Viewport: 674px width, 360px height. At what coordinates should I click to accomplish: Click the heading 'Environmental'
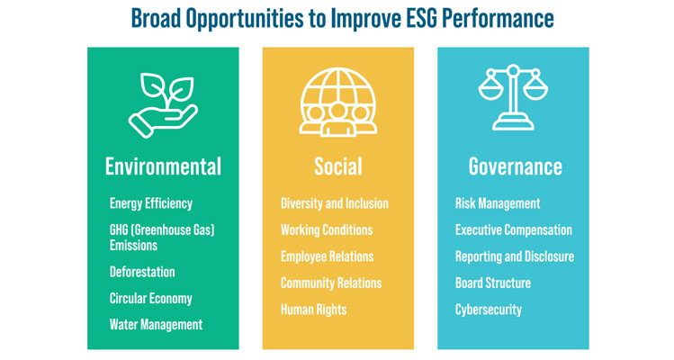click(163, 166)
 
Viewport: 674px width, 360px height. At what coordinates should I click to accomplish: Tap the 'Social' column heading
click(337, 166)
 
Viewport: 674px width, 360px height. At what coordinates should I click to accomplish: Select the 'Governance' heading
click(515, 166)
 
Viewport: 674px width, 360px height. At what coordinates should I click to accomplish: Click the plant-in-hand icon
click(163, 102)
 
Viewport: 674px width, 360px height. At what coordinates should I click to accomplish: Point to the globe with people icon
click(337, 102)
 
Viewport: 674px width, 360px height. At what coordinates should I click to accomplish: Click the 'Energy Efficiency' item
click(151, 203)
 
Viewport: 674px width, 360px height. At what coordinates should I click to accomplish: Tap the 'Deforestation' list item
click(142, 271)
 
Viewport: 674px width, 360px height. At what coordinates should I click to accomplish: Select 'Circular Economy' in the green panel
click(150, 298)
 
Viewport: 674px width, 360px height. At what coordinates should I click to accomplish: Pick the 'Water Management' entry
click(156, 324)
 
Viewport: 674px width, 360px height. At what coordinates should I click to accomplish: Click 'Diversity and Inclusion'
click(335, 203)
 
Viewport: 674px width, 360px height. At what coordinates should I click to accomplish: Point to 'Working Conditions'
click(327, 229)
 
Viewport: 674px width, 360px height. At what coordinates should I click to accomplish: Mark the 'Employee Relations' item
click(327, 256)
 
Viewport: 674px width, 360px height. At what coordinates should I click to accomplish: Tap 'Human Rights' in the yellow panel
click(313, 310)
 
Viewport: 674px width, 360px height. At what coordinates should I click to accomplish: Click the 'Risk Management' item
click(498, 203)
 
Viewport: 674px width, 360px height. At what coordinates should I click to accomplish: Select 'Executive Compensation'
click(513, 229)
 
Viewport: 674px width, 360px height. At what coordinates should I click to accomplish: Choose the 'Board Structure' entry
click(493, 283)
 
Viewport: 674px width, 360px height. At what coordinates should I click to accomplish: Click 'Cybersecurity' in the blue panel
click(488, 310)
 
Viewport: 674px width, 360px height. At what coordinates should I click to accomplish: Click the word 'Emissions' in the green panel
click(133, 244)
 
